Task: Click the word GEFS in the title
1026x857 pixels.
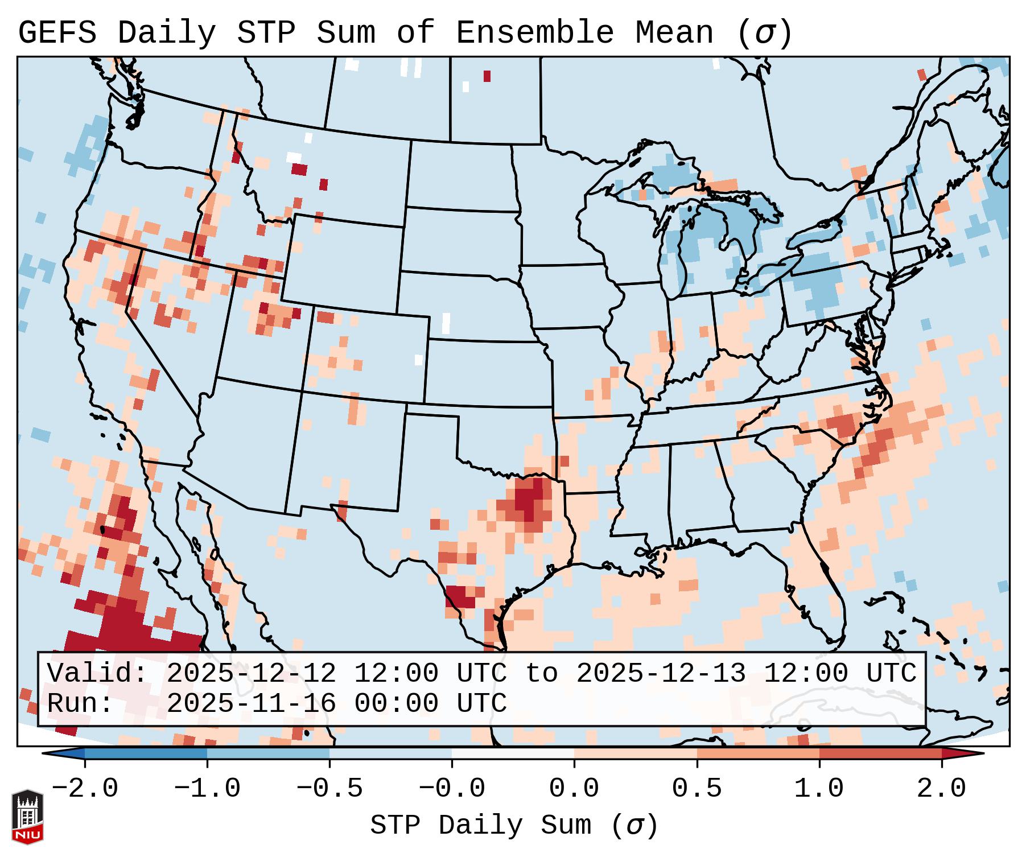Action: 57,33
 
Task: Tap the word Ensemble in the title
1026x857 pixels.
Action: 535,33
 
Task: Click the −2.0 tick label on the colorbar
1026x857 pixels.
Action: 85,789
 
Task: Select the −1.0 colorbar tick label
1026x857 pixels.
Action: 207,789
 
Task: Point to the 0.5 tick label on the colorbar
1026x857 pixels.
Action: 697,789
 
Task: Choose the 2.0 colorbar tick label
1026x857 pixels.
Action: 941,789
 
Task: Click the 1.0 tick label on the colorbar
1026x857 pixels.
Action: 819,789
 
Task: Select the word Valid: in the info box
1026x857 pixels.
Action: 97,674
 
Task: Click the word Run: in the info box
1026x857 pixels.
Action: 80,704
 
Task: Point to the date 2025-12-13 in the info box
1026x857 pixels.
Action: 661,674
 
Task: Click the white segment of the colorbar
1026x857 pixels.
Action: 513,753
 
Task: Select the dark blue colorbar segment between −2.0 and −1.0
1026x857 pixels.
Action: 146,753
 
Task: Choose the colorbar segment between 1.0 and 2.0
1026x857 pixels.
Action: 880,753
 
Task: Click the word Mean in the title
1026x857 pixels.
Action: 674,33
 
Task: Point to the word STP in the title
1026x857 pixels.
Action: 266,33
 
